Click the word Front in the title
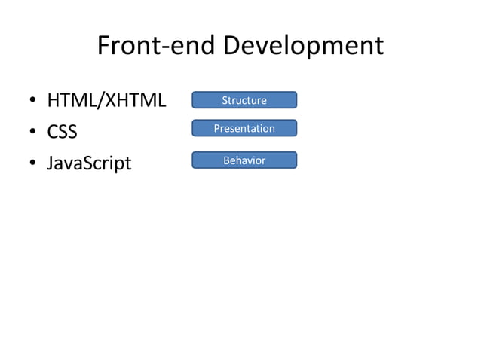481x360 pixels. coord(125,47)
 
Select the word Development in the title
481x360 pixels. coord(303,47)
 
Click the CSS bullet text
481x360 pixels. coord(62,133)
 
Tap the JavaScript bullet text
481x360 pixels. coord(89,163)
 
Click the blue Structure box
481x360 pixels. coord(244,100)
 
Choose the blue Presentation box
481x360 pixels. coord(244,128)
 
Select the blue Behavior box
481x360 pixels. coord(244,160)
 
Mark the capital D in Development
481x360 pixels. coord(232,47)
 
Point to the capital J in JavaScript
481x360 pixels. coord(51,163)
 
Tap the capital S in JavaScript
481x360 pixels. coord(84,163)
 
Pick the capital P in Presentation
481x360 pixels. coord(218,128)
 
